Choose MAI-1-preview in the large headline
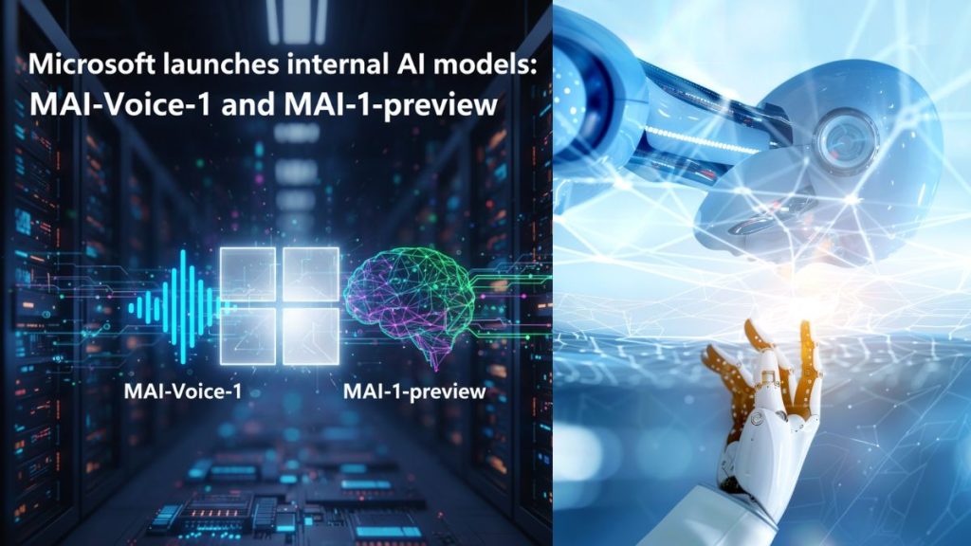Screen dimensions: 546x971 click(x=397, y=103)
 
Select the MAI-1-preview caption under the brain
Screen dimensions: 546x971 click(x=415, y=390)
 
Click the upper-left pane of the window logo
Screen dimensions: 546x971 click(x=247, y=275)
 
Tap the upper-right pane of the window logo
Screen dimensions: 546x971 click(x=310, y=275)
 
